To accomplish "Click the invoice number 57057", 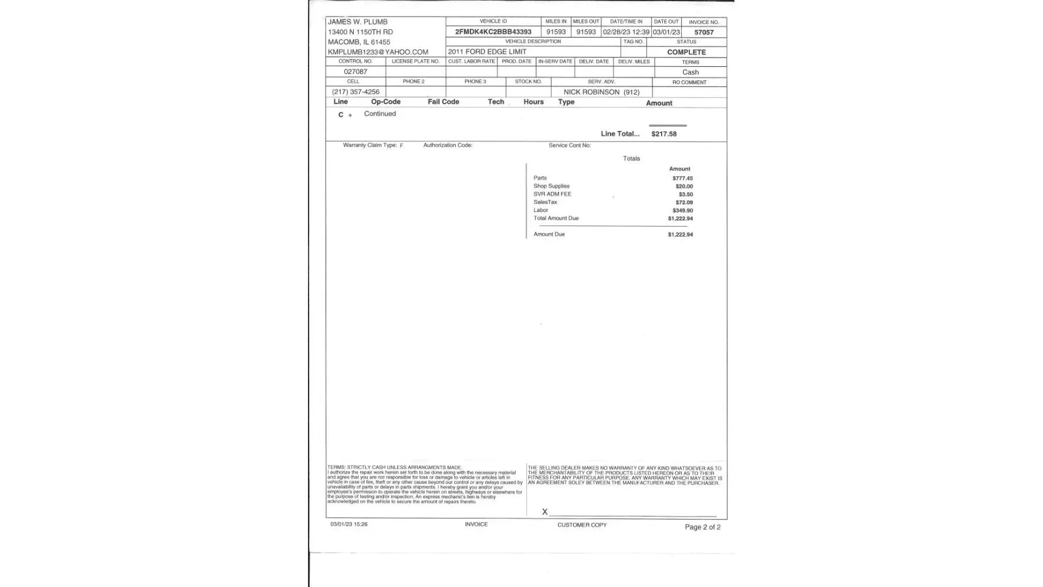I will (x=703, y=32).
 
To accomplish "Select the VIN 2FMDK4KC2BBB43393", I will (x=493, y=32).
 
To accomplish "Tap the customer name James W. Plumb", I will (x=357, y=22).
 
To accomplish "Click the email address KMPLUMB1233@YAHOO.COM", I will (x=378, y=52).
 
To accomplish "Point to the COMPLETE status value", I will (x=686, y=52).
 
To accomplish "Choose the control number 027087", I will (x=355, y=72).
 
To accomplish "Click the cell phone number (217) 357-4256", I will (x=355, y=92).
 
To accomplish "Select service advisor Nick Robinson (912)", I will (x=601, y=92).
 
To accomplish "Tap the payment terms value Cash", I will (x=690, y=72).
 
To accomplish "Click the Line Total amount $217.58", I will (x=663, y=134).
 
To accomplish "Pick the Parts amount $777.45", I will (x=682, y=178).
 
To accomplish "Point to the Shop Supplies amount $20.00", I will (x=684, y=186).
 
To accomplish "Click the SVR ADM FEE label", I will (x=552, y=194).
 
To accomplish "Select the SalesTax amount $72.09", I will (x=684, y=203).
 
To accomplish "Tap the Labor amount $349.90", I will (x=682, y=210).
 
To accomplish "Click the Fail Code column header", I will (x=443, y=102).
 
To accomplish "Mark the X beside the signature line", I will (x=544, y=512).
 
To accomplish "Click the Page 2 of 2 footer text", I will (x=702, y=527).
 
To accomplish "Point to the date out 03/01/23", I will (x=666, y=32).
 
